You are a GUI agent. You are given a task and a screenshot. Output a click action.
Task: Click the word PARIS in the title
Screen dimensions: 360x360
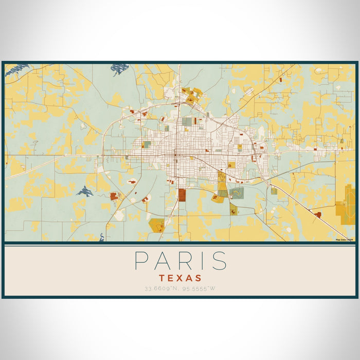(180, 261)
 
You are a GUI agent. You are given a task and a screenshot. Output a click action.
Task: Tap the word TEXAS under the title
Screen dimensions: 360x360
(180, 277)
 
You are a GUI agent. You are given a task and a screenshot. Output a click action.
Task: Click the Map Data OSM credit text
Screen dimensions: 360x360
(345, 240)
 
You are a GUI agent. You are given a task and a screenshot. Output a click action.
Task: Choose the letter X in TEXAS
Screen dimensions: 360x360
(181, 277)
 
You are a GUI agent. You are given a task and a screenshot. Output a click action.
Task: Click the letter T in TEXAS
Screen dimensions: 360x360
(161, 277)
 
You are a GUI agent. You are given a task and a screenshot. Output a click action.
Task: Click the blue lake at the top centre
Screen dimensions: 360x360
(120, 68)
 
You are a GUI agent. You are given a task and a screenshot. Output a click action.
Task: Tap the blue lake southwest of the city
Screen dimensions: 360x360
(84, 192)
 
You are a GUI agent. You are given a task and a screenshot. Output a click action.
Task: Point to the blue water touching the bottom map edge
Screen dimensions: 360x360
(102, 237)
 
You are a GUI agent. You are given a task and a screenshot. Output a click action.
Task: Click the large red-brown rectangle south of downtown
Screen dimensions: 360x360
(182, 195)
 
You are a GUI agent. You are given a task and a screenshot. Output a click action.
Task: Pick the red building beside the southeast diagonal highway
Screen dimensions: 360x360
(317, 214)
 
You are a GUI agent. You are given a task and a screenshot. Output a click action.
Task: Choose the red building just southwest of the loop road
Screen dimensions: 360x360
(114, 196)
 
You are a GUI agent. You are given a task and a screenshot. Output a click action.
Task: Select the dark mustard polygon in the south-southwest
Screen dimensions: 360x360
(157, 224)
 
